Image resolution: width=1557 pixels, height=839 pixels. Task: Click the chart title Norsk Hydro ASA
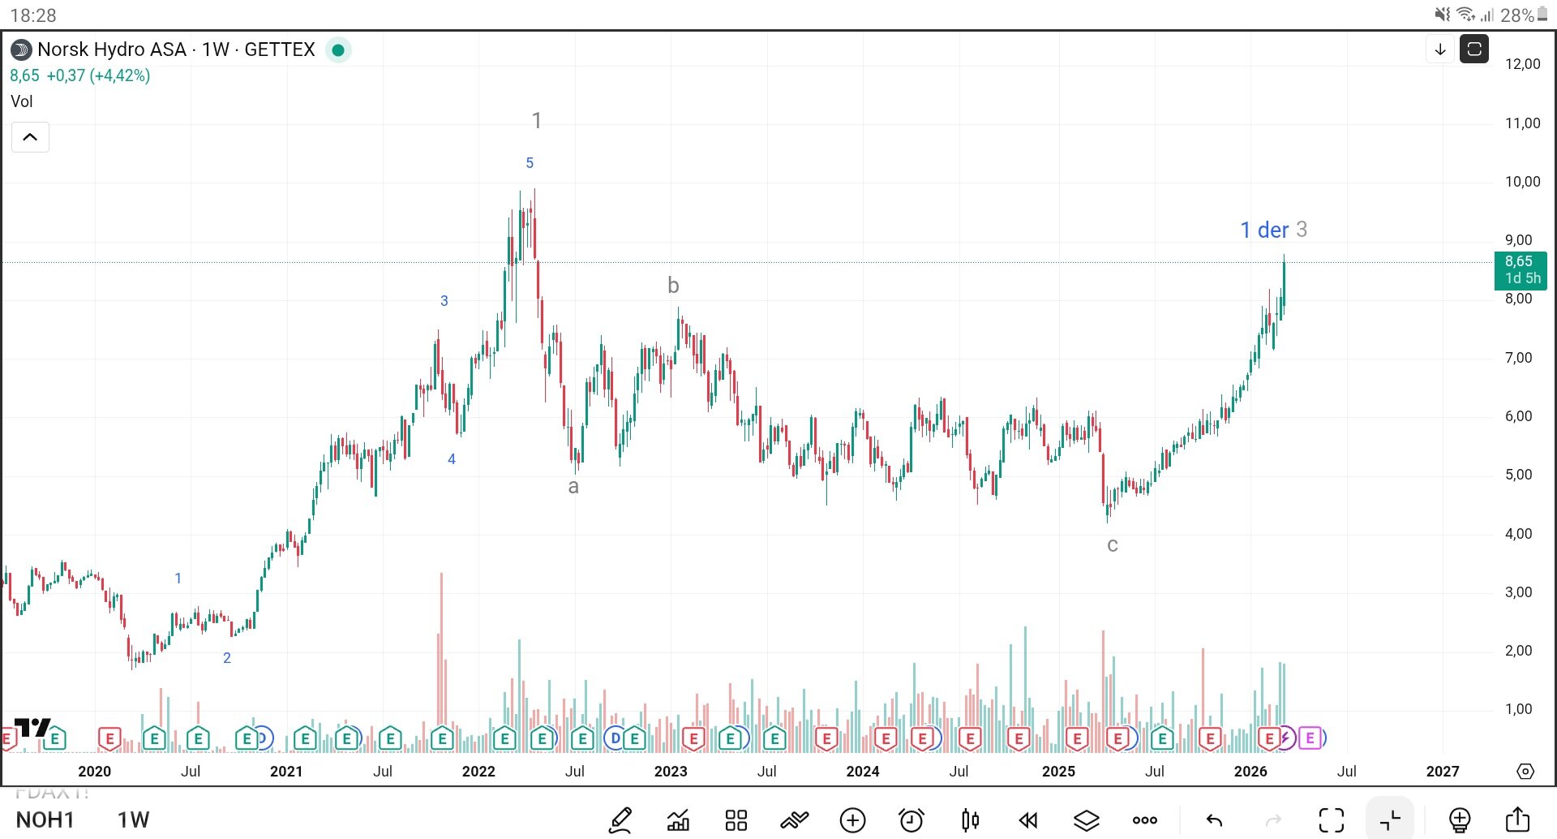coord(112,49)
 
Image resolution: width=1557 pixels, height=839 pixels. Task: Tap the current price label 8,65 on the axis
coord(1520,262)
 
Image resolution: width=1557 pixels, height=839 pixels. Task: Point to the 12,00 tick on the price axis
coord(1522,64)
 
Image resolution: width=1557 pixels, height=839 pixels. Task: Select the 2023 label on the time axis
coord(670,771)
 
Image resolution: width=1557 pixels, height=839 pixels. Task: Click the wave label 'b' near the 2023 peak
coord(673,286)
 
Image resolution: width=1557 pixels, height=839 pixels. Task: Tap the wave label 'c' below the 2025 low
coord(1113,544)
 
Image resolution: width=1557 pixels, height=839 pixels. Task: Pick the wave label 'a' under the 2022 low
coord(573,487)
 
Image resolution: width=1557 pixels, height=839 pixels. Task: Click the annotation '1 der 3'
coord(1273,230)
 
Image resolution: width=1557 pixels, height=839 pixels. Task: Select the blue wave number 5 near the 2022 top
coord(530,163)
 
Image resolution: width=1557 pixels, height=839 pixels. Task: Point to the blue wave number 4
coord(452,459)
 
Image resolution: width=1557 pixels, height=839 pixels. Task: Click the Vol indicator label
coord(22,101)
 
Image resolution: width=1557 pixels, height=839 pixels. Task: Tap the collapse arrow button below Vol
coord(30,137)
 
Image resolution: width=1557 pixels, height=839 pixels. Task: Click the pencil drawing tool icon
coord(620,820)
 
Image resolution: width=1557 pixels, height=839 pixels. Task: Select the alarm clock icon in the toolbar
coord(911,820)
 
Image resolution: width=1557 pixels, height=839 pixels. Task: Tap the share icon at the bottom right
coord(1517,820)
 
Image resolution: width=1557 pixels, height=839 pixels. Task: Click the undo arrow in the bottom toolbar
coord(1214,820)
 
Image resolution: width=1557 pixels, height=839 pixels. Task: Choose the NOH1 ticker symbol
coord(45,820)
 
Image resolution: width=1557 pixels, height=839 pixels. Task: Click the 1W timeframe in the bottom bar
coord(133,820)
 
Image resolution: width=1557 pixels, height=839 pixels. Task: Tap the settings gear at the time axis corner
coord(1525,771)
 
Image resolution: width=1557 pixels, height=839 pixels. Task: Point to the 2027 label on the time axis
coord(1442,771)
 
